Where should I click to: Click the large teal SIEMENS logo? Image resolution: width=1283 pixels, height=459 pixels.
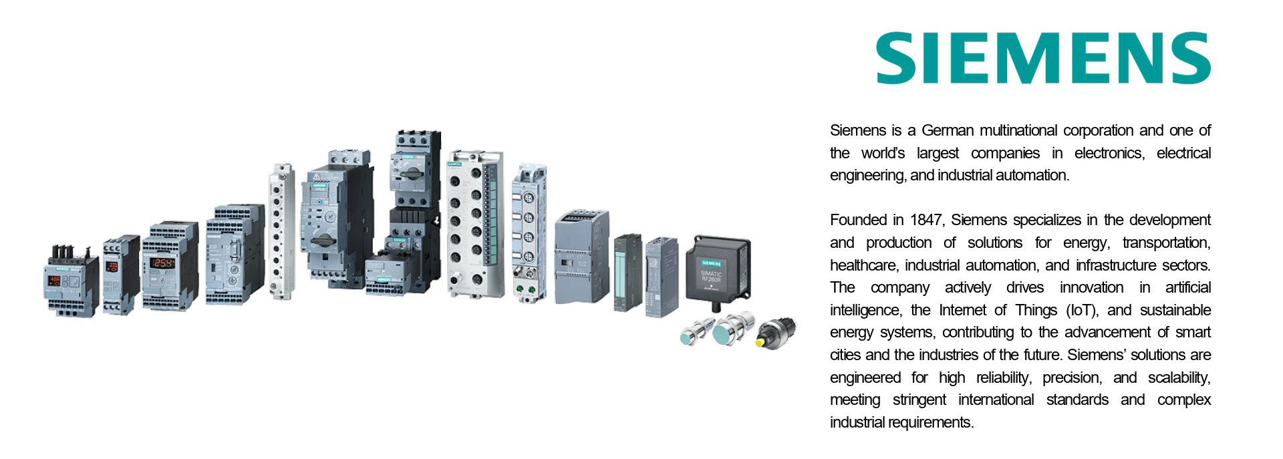[x=1043, y=57]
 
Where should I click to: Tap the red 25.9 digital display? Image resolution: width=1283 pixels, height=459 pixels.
[x=162, y=263]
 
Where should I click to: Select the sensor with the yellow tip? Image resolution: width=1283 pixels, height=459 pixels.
[x=776, y=332]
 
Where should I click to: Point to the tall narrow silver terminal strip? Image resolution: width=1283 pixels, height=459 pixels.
[x=281, y=231]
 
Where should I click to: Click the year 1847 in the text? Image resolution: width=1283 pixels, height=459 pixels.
[x=925, y=220]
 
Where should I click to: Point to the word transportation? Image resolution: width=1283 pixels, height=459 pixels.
[x=1167, y=243]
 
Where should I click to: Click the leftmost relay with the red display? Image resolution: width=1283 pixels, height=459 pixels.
[x=72, y=281]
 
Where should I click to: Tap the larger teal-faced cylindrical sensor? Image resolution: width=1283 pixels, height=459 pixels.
[x=732, y=329]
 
